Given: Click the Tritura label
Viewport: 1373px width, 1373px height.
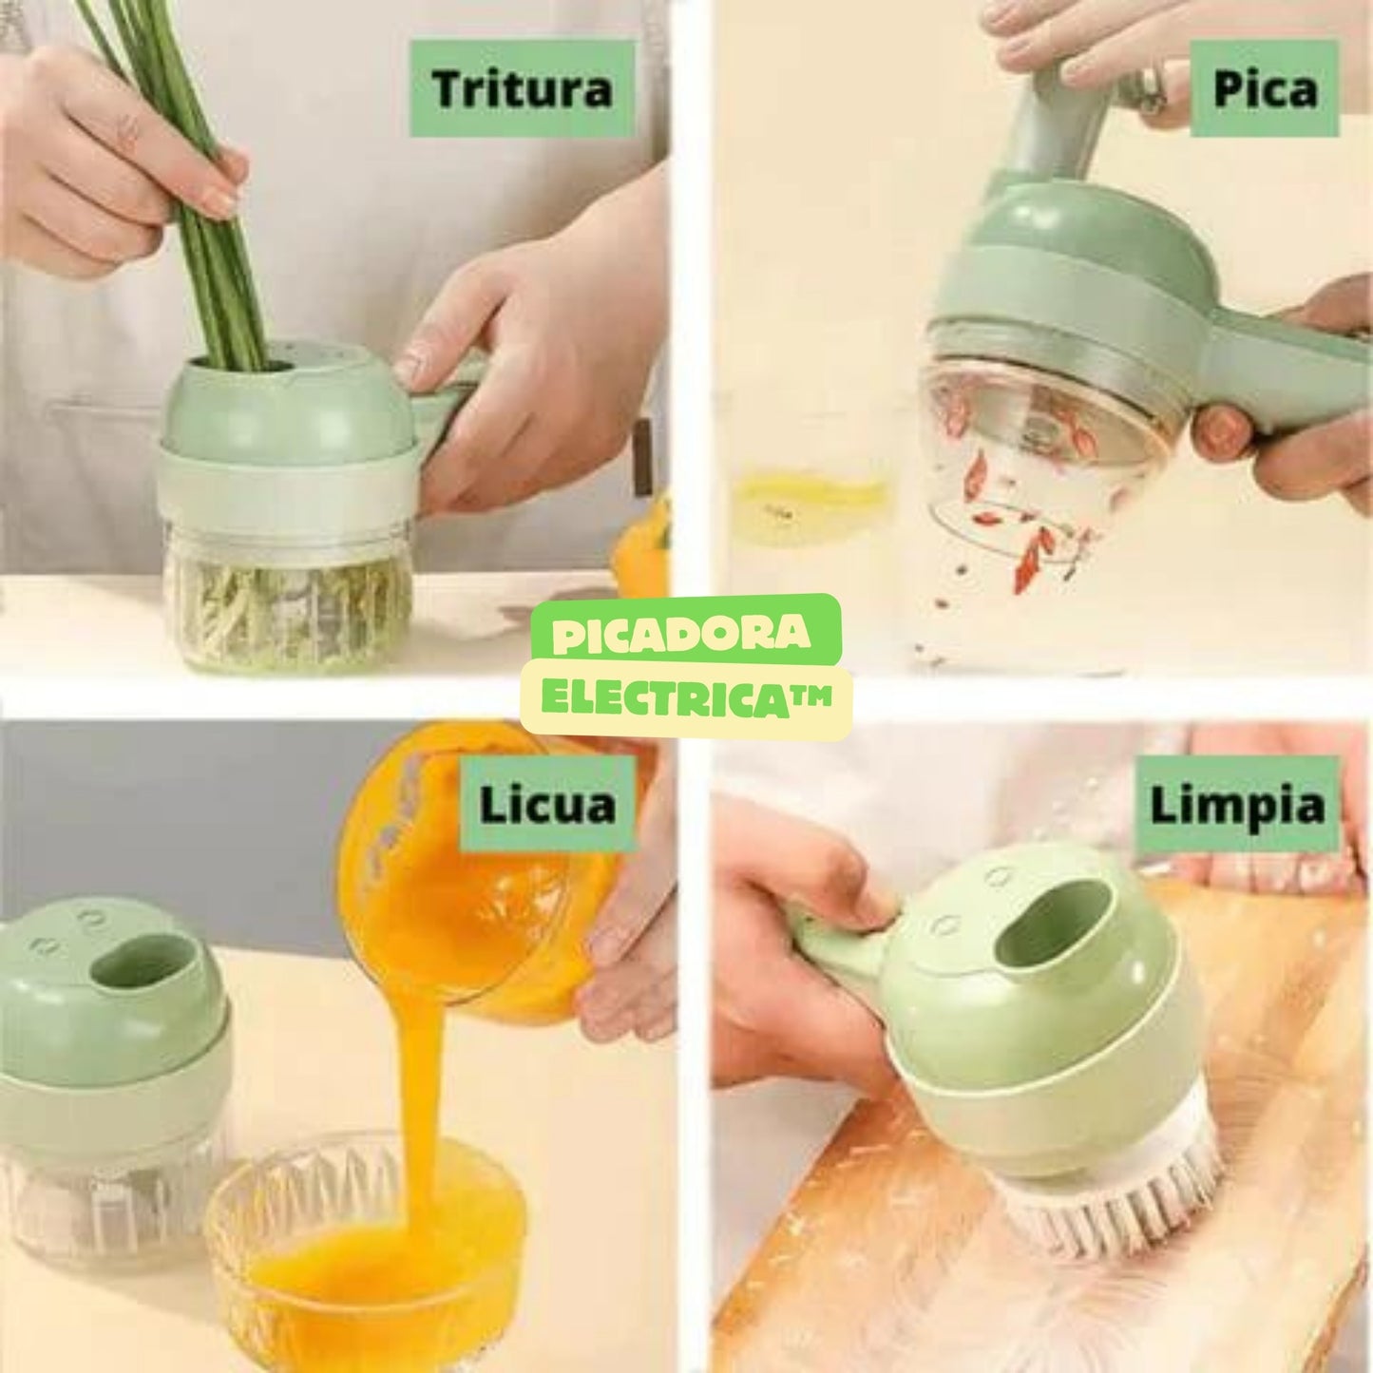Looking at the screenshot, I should [x=522, y=88].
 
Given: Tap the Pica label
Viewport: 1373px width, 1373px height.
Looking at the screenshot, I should [x=1264, y=88].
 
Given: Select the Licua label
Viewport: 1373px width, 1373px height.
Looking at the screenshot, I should [x=547, y=804].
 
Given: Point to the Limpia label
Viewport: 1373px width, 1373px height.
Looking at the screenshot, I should [x=1236, y=805].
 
